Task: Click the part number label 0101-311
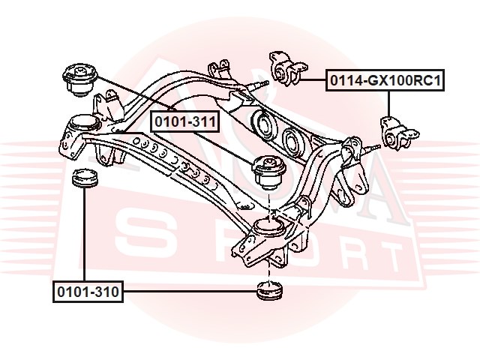[185, 121]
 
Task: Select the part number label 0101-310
[88, 292]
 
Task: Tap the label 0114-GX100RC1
[385, 80]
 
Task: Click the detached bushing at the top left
[79, 79]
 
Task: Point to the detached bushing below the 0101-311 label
[268, 172]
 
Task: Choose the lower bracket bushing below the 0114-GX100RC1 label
[398, 133]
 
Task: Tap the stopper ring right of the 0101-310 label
[269, 290]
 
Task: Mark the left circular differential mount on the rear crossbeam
[265, 125]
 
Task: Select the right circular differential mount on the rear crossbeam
[294, 142]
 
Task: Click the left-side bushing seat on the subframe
[83, 125]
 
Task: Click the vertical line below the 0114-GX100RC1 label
[388, 103]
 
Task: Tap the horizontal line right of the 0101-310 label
[190, 292]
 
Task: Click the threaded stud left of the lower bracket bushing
[372, 148]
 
